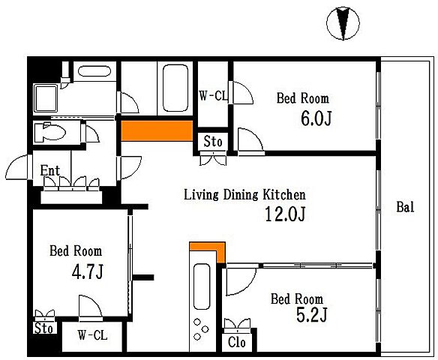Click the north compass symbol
(x=343, y=23)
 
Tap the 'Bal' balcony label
(x=405, y=207)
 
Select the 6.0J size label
(x=316, y=118)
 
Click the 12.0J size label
(x=285, y=214)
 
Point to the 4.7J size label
(x=88, y=271)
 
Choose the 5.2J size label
(x=311, y=315)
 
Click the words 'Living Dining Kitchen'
(x=244, y=195)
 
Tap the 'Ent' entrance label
(x=50, y=170)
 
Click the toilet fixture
(x=49, y=132)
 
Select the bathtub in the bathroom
(x=175, y=88)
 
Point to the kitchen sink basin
(x=202, y=286)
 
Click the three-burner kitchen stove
(x=201, y=329)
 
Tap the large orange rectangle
(x=157, y=130)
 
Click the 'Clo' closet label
(x=236, y=342)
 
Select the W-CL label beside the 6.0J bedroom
(x=214, y=96)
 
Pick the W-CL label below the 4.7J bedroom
(x=92, y=334)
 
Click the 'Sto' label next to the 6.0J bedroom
(x=213, y=141)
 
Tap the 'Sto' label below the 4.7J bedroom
(x=43, y=328)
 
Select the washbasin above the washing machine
(x=94, y=71)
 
